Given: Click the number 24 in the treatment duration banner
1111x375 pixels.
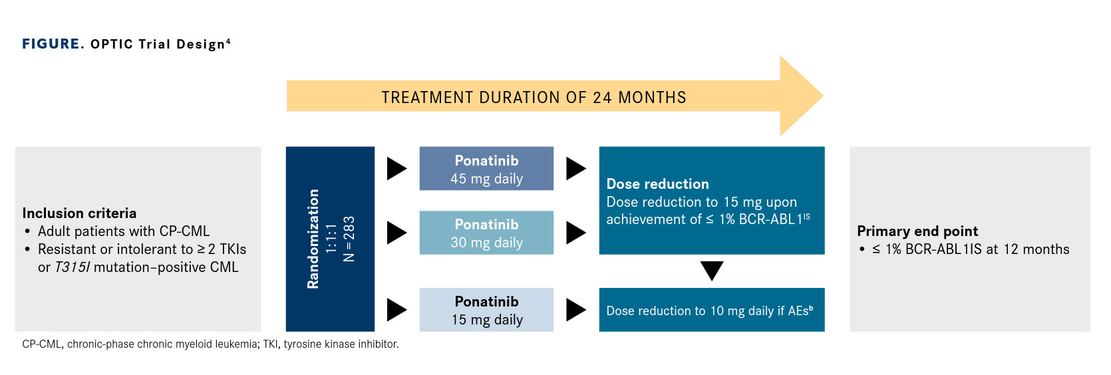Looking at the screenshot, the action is pyautogui.click(x=602, y=97).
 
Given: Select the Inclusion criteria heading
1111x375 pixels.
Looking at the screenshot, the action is pyautogui.click(x=79, y=213).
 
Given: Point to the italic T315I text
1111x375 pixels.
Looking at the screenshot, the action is pyautogui.click(x=72, y=267).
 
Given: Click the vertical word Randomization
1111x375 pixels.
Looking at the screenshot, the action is pyautogui.click(x=313, y=239).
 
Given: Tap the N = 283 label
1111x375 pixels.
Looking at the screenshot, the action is pyautogui.click(x=349, y=239).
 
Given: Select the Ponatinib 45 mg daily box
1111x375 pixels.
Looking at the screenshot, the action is pyautogui.click(x=486, y=168).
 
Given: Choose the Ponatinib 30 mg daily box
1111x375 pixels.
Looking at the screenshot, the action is pyautogui.click(x=486, y=233).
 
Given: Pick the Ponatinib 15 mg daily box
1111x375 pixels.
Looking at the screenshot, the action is pyautogui.click(x=486, y=310).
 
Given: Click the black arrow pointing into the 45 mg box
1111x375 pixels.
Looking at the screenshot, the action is pyautogui.click(x=397, y=168).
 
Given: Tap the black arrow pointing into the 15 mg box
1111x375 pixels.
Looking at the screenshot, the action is pyautogui.click(x=397, y=310).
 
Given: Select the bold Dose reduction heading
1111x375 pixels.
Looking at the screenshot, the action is pyautogui.click(x=658, y=184).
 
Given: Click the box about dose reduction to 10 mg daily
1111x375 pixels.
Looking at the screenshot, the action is pyautogui.click(x=712, y=310).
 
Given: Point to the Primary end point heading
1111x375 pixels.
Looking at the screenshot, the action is pyautogui.click(x=917, y=231).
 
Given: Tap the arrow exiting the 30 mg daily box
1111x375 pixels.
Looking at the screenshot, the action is pyautogui.click(x=576, y=233).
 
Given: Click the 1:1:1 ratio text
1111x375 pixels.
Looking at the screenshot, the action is pyautogui.click(x=331, y=239).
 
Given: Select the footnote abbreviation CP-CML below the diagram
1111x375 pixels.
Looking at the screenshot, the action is pyautogui.click(x=42, y=344).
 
